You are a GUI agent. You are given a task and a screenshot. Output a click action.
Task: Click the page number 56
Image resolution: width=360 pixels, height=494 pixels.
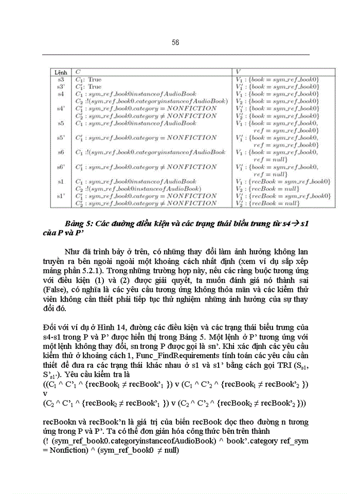click(175, 43)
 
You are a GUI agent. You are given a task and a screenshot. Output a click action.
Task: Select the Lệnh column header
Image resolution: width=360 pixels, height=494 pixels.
click(61, 73)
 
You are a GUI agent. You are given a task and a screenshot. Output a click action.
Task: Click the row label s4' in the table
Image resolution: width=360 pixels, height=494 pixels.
click(61, 109)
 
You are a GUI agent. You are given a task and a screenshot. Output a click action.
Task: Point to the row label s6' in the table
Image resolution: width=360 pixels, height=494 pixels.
click(61, 167)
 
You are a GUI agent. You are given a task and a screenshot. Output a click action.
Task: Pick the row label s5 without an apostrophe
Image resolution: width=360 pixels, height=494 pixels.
click(61, 123)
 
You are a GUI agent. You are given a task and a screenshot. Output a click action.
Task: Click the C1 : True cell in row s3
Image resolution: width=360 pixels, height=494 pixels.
click(89, 80)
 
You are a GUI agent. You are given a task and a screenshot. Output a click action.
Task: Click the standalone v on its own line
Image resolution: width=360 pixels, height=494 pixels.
click(45, 392)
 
